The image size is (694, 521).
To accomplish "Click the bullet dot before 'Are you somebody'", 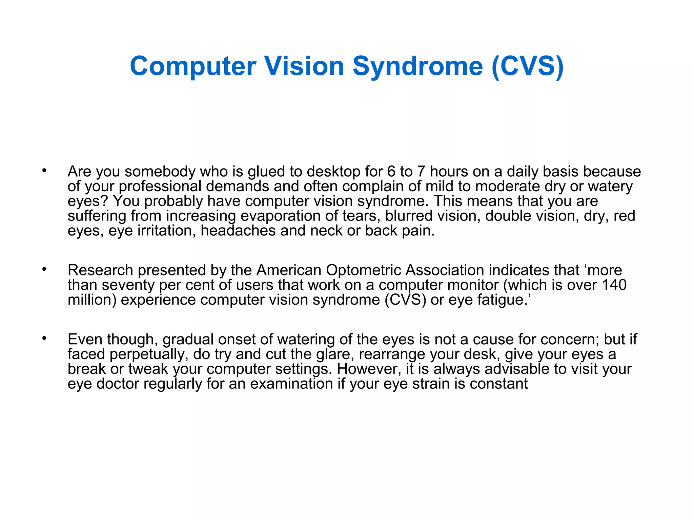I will click(x=44, y=170).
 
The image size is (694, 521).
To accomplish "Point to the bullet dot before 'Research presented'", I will click(x=44, y=269).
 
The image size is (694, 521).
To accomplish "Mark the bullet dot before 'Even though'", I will click(x=44, y=338).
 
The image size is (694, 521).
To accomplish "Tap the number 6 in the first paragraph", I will click(x=391, y=172).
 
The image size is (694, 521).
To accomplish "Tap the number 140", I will click(x=614, y=285).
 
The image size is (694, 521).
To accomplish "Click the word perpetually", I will click(x=149, y=354).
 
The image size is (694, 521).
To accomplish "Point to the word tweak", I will click(x=148, y=369).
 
